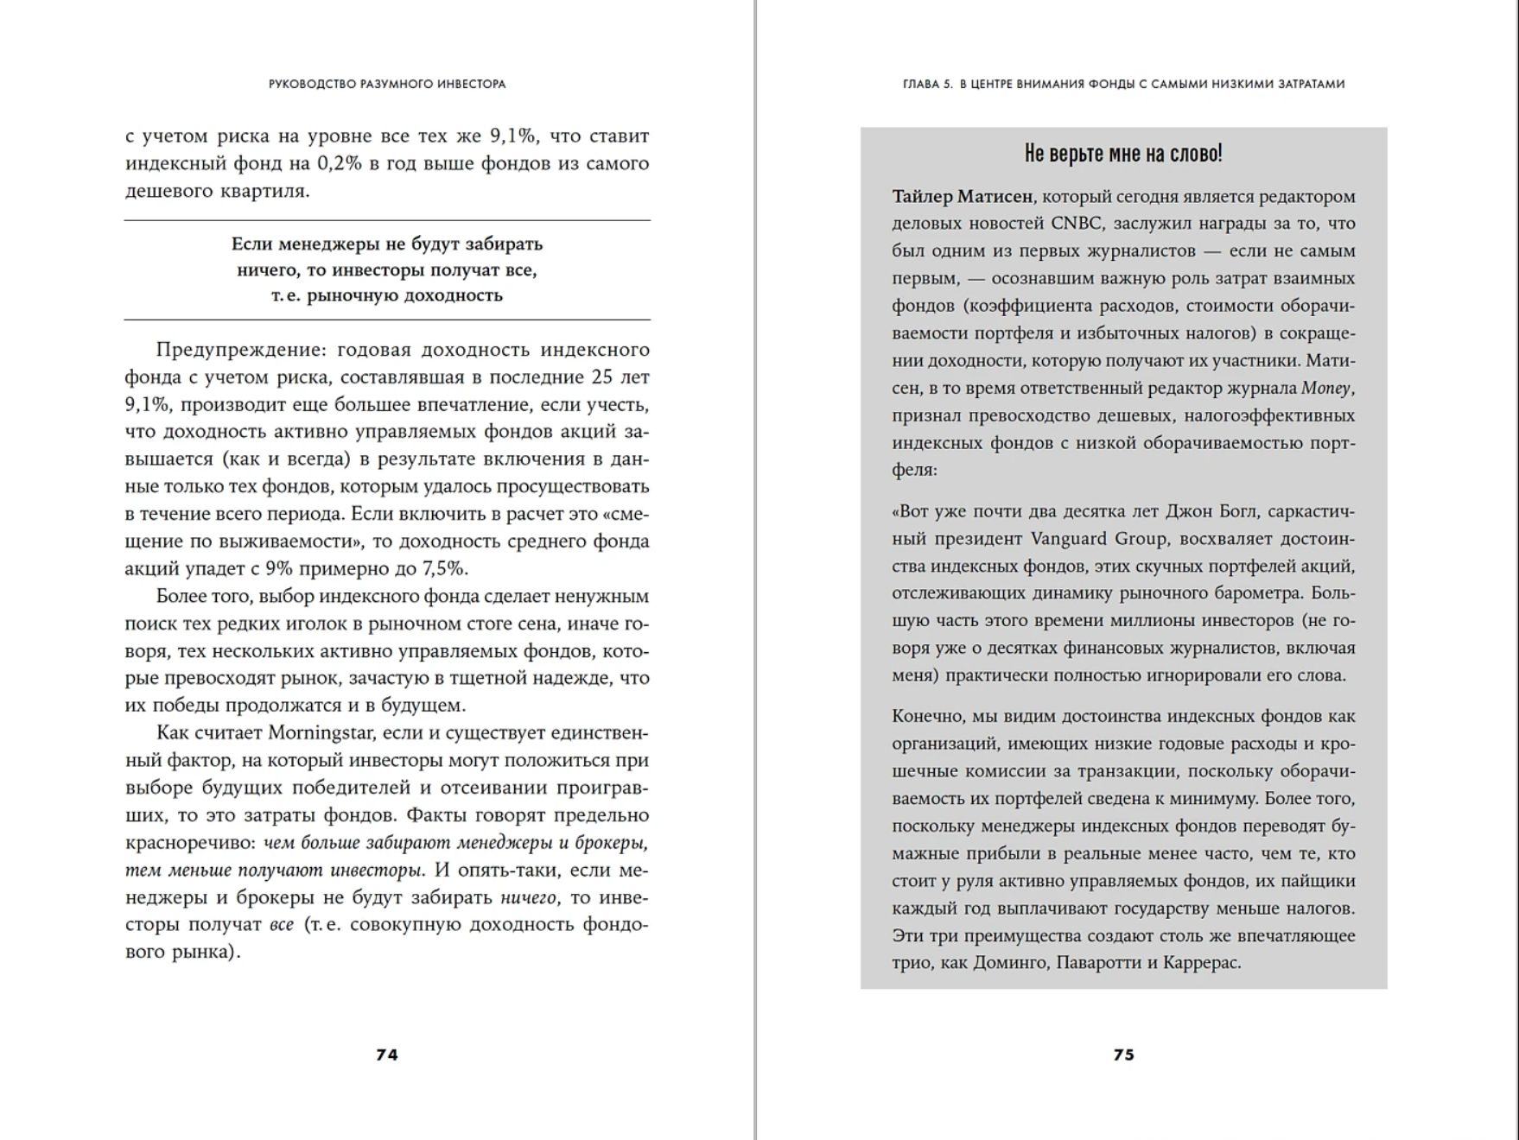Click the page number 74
pyautogui.click(x=387, y=1054)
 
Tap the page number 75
pyautogui.click(x=1123, y=1054)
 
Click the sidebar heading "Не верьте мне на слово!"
pyautogui.click(x=1123, y=154)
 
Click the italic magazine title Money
pyautogui.click(x=1326, y=389)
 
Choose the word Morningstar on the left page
pyautogui.click(x=321, y=733)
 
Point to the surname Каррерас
pyautogui.click(x=1201, y=963)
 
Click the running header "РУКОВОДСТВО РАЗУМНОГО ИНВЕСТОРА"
pyautogui.click(x=387, y=85)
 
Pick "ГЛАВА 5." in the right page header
pyautogui.click(x=927, y=85)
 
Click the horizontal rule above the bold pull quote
pyautogui.click(x=387, y=221)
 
